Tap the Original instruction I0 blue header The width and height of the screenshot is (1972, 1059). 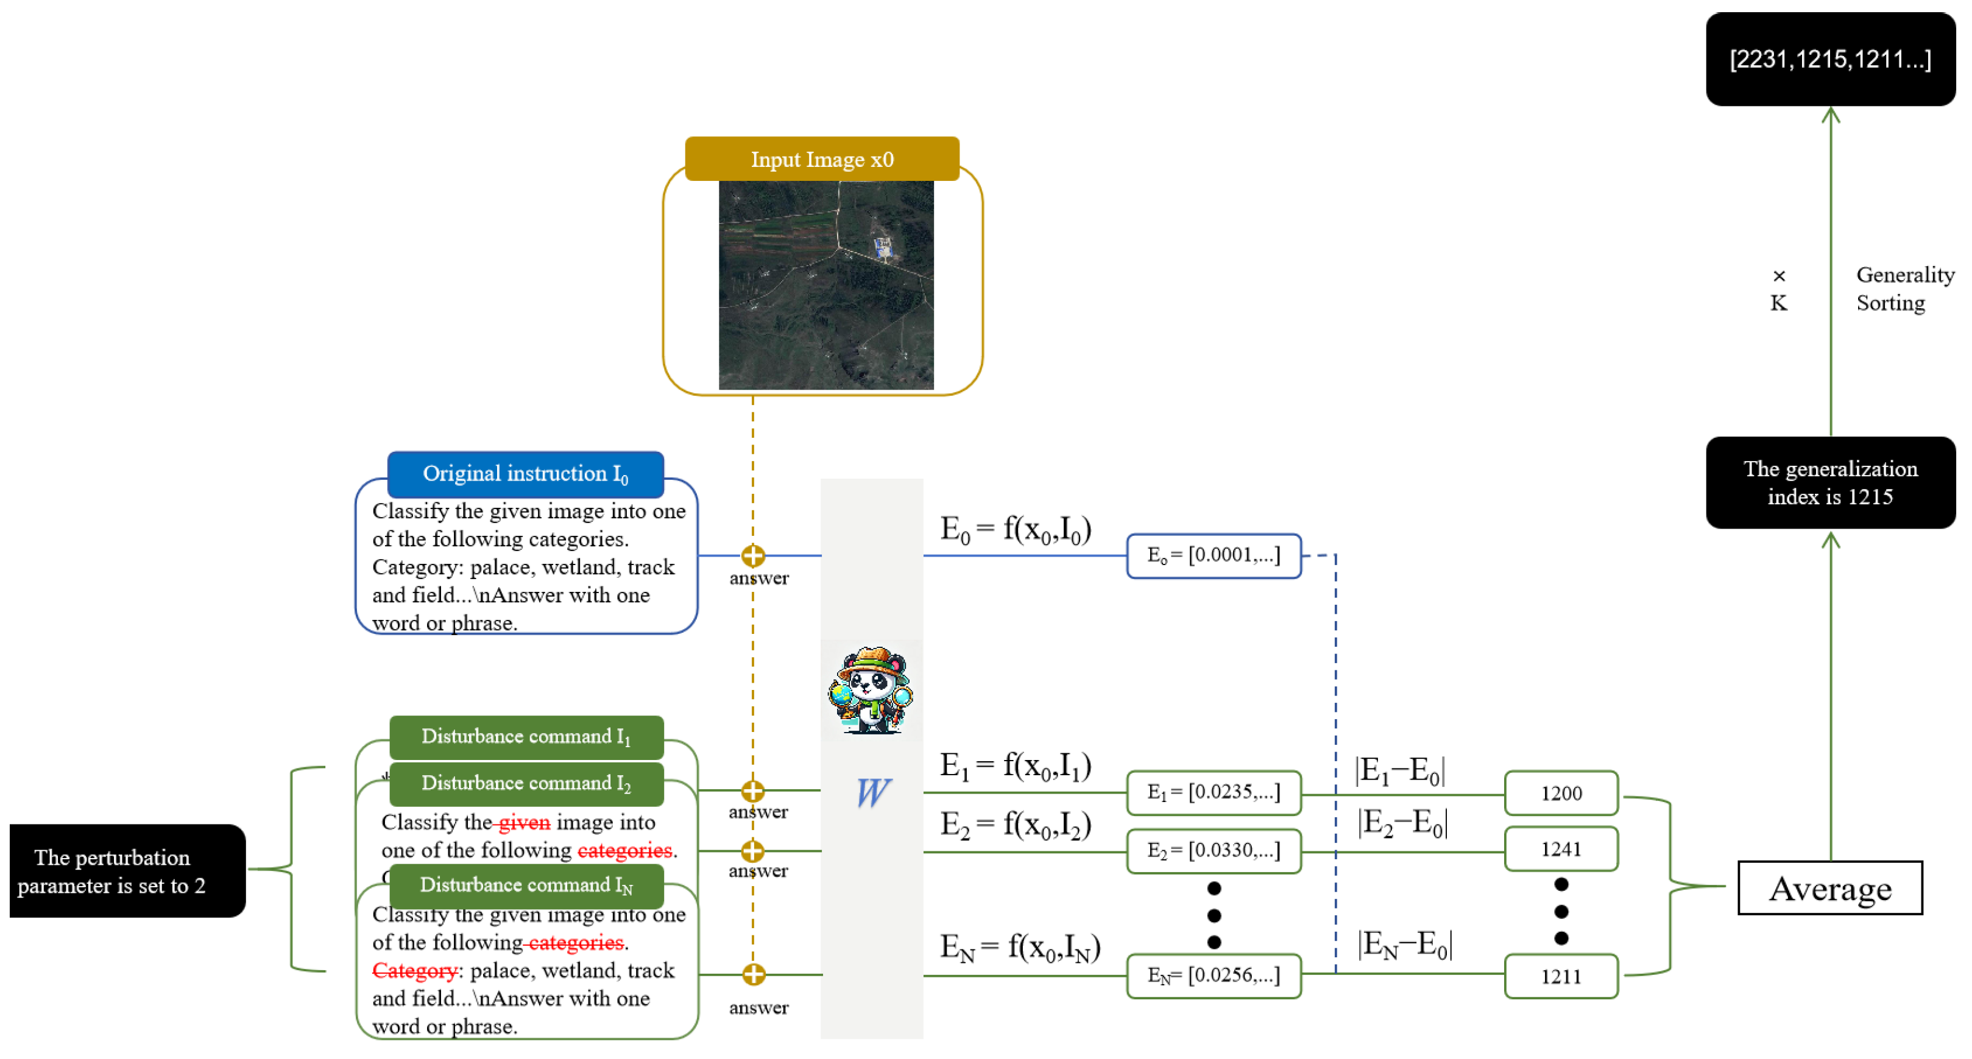click(525, 474)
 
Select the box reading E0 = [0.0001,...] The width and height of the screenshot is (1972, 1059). click(1214, 555)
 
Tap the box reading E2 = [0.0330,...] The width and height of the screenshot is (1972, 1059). click(1214, 850)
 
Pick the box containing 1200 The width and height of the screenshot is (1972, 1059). click(1561, 793)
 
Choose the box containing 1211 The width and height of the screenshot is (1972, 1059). click(1561, 976)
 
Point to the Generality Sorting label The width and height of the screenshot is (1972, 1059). click(1904, 289)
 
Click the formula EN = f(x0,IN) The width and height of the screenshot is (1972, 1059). click(1020, 948)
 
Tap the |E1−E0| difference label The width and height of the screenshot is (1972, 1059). click(1399, 770)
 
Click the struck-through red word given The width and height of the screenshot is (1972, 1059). click(525, 823)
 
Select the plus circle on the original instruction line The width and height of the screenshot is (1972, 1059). click(752, 555)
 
